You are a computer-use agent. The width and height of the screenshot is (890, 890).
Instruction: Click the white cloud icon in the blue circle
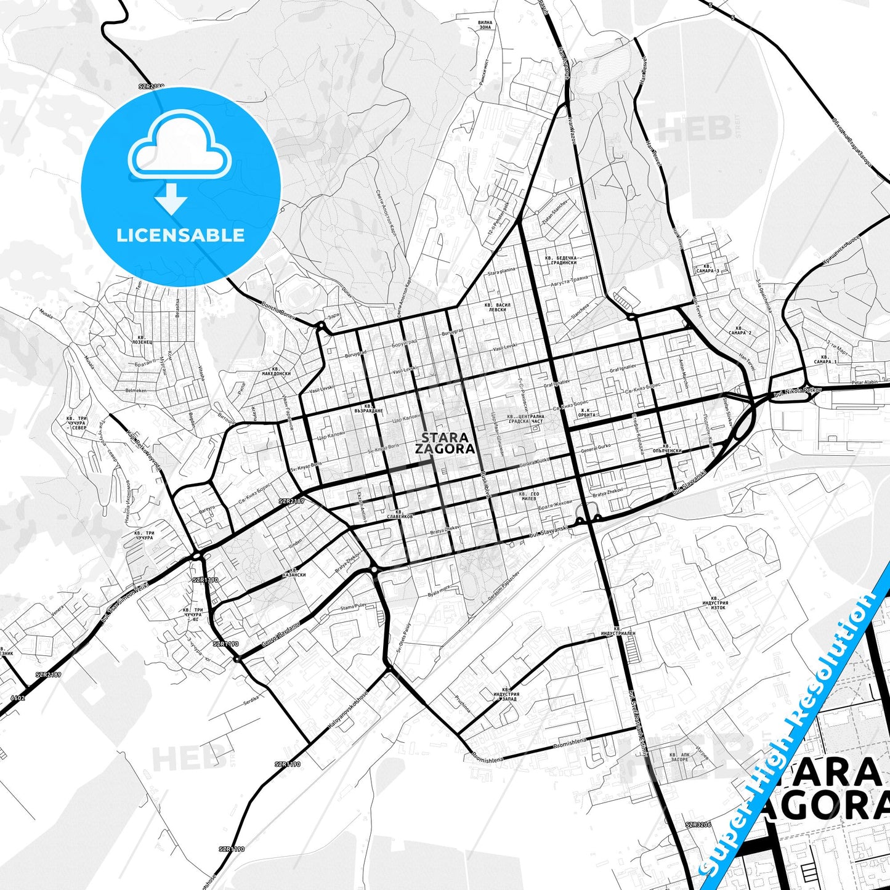(x=180, y=148)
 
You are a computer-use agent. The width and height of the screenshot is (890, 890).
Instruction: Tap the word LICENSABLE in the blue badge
(x=180, y=235)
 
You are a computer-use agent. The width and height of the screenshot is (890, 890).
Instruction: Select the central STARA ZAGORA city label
(x=445, y=443)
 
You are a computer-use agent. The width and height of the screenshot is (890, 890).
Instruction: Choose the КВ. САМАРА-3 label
(x=705, y=268)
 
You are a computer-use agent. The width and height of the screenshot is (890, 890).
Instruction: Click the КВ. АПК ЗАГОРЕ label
(x=679, y=757)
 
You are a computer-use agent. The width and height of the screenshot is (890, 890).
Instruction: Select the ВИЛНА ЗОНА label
(x=485, y=25)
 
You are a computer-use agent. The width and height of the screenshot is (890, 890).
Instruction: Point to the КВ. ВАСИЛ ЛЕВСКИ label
(x=497, y=307)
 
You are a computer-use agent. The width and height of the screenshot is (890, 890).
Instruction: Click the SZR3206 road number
(x=698, y=825)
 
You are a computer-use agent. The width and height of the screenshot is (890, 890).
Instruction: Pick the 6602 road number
(x=18, y=698)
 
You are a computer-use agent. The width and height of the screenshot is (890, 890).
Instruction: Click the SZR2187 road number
(x=291, y=501)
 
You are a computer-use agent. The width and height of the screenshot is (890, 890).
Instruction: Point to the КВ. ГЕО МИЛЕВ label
(x=529, y=497)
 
